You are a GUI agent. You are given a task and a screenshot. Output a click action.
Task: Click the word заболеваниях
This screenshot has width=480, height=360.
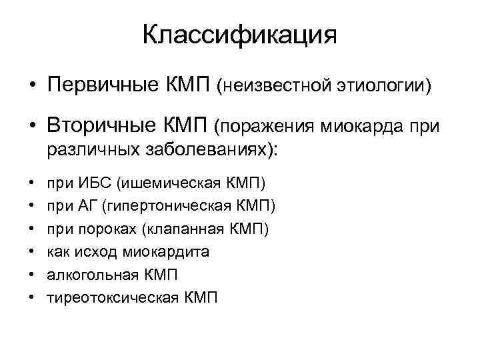point(212,149)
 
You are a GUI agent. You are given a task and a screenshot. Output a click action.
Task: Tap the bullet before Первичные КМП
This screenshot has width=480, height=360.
point(31,86)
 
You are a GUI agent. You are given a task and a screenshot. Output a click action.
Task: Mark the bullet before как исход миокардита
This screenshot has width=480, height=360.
point(31,253)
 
